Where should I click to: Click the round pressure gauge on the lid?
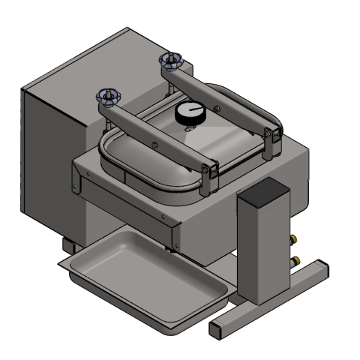coord(190,113)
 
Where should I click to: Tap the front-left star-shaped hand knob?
coord(109,95)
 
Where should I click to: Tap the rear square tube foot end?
coord(318,268)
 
